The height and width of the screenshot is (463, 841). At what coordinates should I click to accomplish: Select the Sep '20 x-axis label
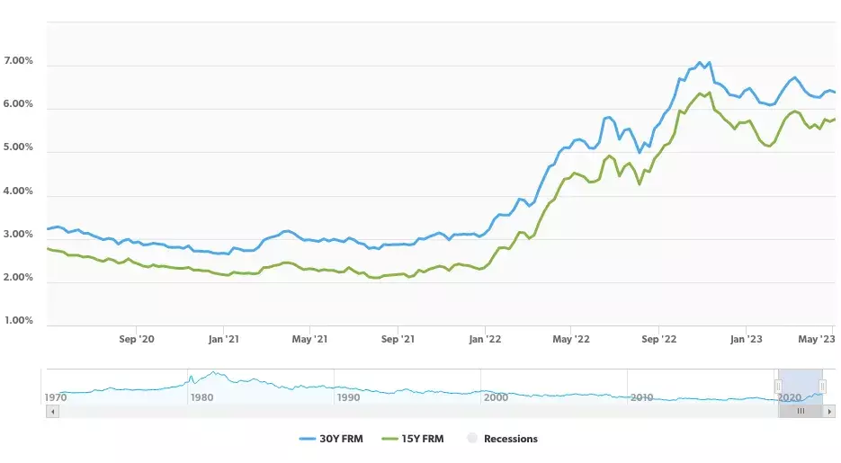pyautogui.click(x=137, y=340)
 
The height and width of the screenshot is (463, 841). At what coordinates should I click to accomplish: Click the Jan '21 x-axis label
pyautogui.click(x=223, y=340)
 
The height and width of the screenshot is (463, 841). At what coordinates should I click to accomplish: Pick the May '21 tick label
pyautogui.click(x=309, y=340)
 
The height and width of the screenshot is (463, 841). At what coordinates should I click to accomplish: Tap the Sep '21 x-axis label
pyautogui.click(x=398, y=340)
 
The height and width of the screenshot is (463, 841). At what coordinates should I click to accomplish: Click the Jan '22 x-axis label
pyautogui.click(x=485, y=340)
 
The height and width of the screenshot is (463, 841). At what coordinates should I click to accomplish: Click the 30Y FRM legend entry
pyautogui.click(x=331, y=439)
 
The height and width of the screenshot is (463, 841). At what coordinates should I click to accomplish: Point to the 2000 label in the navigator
pyautogui.click(x=495, y=397)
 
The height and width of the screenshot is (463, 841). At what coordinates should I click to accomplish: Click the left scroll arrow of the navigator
pyautogui.click(x=51, y=411)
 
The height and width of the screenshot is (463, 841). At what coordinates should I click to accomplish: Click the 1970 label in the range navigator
pyautogui.click(x=56, y=397)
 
